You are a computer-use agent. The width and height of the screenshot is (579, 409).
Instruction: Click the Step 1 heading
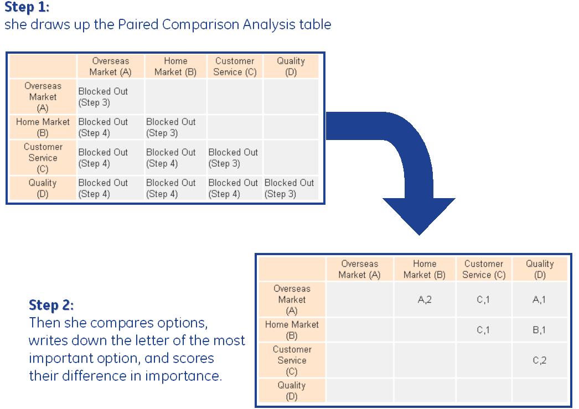point(27,7)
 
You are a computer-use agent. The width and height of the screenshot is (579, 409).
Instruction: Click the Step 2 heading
point(51,305)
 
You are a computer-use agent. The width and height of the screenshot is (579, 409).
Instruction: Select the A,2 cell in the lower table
point(424,299)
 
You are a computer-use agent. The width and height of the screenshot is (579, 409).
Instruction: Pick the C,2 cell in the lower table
point(540,360)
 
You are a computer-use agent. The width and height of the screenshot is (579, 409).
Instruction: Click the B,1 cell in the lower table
point(540,330)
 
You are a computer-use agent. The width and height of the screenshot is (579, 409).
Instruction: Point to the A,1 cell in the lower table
point(540,299)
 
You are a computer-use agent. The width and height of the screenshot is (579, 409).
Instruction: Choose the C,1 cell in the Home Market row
point(483,330)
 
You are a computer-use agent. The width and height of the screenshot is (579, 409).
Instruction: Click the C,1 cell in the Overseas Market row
point(483,299)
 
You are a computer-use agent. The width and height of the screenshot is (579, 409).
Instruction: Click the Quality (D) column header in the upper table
point(291,66)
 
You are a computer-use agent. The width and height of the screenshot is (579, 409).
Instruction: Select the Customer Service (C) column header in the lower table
point(484,269)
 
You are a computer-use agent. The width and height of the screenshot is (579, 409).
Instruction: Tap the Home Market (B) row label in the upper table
point(43,127)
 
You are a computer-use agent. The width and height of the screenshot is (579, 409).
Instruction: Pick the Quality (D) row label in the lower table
point(292,391)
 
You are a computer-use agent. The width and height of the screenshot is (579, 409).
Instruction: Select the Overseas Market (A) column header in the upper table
point(110,66)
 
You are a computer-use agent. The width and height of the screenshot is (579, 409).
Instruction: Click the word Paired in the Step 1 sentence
point(138,25)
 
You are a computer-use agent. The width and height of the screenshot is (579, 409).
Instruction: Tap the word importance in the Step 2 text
point(183,376)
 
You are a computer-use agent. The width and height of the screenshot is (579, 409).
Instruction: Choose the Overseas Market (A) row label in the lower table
point(292,299)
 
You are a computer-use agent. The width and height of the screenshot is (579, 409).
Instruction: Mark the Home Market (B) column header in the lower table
point(425,269)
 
